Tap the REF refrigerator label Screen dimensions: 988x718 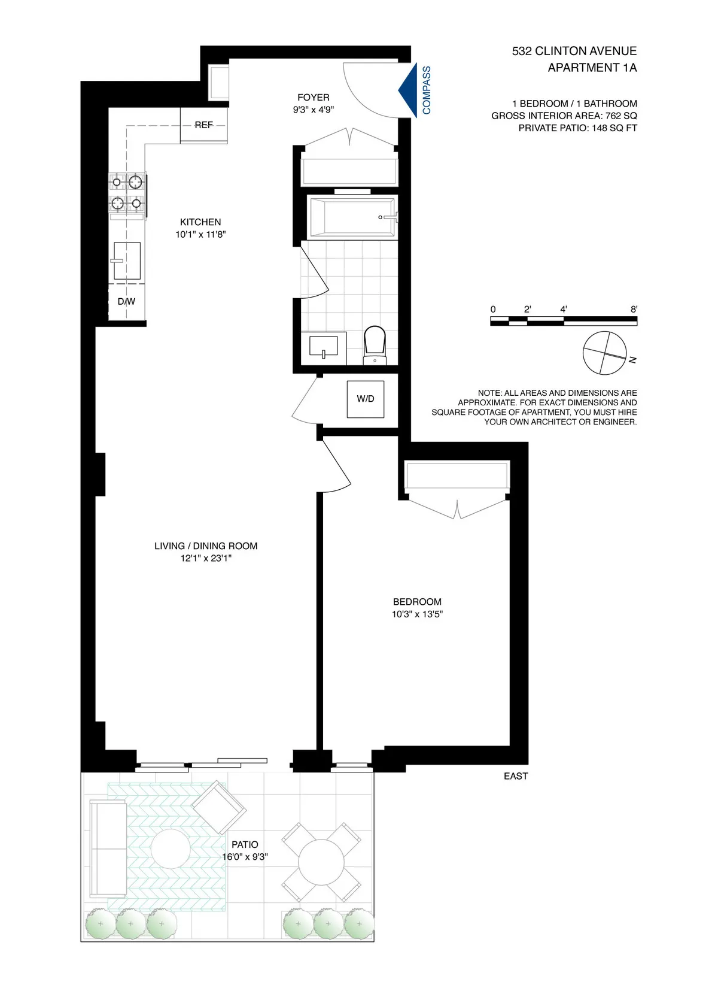[x=203, y=125]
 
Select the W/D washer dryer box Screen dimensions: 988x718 [x=366, y=399]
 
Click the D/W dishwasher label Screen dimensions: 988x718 [x=126, y=301]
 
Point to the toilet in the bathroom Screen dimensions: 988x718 [x=375, y=344]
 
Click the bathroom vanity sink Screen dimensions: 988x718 [x=323, y=347]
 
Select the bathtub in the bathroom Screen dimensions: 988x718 [x=352, y=217]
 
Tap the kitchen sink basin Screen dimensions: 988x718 [x=127, y=261]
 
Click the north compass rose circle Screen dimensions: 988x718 [x=605, y=353]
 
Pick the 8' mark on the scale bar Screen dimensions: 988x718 [x=634, y=310]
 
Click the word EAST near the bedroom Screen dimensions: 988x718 [x=516, y=776]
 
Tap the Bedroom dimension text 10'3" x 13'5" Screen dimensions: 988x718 [x=417, y=614]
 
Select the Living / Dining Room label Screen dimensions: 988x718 [x=206, y=546]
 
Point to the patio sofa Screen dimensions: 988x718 [x=108, y=848]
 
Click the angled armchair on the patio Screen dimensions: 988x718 [x=218, y=807]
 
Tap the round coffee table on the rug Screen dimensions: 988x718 [x=171, y=848]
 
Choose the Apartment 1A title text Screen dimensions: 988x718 [x=592, y=68]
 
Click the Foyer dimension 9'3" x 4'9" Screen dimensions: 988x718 [x=313, y=110]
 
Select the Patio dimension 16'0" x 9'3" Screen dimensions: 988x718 [x=245, y=857]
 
